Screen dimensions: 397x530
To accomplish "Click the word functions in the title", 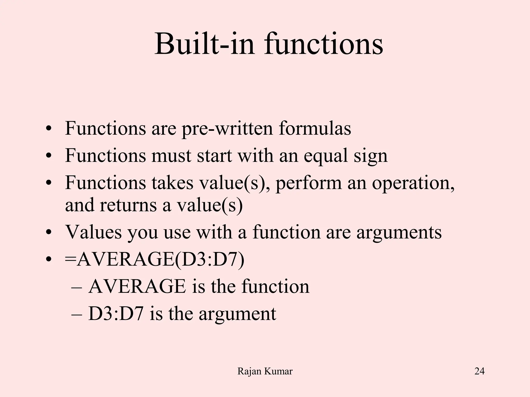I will pos(323,44).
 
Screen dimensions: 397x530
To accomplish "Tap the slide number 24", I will pos(479,371).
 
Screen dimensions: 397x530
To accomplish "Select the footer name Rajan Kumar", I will pos(265,371).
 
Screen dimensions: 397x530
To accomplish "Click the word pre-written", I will pos(227,128).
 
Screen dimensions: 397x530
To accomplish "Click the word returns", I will pos(128,205).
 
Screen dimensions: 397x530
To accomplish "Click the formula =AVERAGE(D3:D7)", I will pos(154,259).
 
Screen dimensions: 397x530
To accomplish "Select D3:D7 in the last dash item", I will pos(116,314).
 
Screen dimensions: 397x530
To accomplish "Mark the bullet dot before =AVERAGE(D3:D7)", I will pos(48,259).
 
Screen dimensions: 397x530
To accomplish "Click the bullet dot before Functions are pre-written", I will pos(48,128).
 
